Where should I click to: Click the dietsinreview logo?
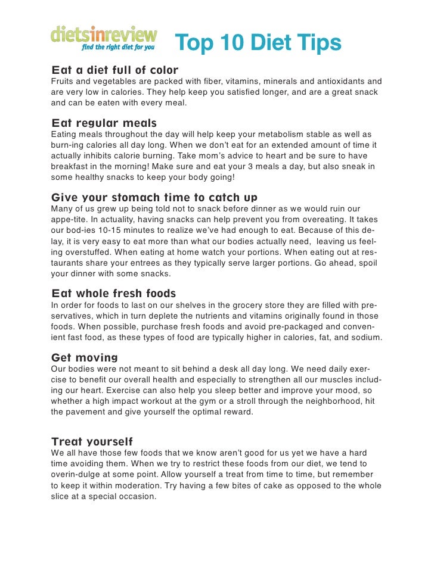(104, 34)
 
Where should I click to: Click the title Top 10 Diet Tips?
(258, 43)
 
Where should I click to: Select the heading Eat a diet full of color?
(115, 70)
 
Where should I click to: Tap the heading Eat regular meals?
(104, 123)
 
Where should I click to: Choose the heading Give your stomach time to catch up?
(154, 198)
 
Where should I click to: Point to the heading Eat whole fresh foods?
(114, 294)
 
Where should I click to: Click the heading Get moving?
(85, 357)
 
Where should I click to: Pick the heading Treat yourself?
(92, 442)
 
